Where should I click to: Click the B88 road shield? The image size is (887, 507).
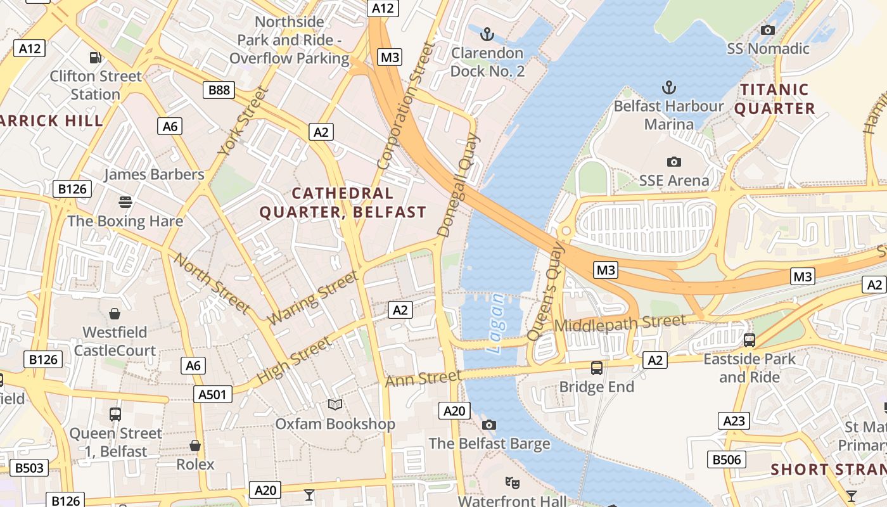coord(219,90)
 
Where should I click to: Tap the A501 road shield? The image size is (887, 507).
coord(212,394)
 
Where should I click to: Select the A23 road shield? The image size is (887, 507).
coord(734,421)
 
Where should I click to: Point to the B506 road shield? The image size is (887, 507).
coord(726,459)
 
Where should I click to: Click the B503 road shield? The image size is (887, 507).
coord(29,468)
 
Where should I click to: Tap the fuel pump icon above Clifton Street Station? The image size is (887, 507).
coord(96,58)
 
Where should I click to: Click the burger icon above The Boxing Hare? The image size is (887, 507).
coord(125,202)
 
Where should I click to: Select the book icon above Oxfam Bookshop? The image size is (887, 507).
coord(335,404)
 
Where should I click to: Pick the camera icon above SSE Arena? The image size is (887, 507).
coord(674,162)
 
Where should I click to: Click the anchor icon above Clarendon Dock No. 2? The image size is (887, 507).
coord(487,34)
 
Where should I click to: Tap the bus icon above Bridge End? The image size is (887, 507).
coord(596,368)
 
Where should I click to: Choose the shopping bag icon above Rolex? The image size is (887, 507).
coord(195,446)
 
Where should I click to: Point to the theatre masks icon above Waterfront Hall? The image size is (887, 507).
coord(513,483)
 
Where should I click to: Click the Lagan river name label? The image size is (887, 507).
coord(497,323)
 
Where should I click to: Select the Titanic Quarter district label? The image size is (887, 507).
coord(775,99)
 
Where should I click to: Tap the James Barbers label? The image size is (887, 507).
coord(154,174)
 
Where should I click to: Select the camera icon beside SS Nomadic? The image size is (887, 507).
coord(768,30)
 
